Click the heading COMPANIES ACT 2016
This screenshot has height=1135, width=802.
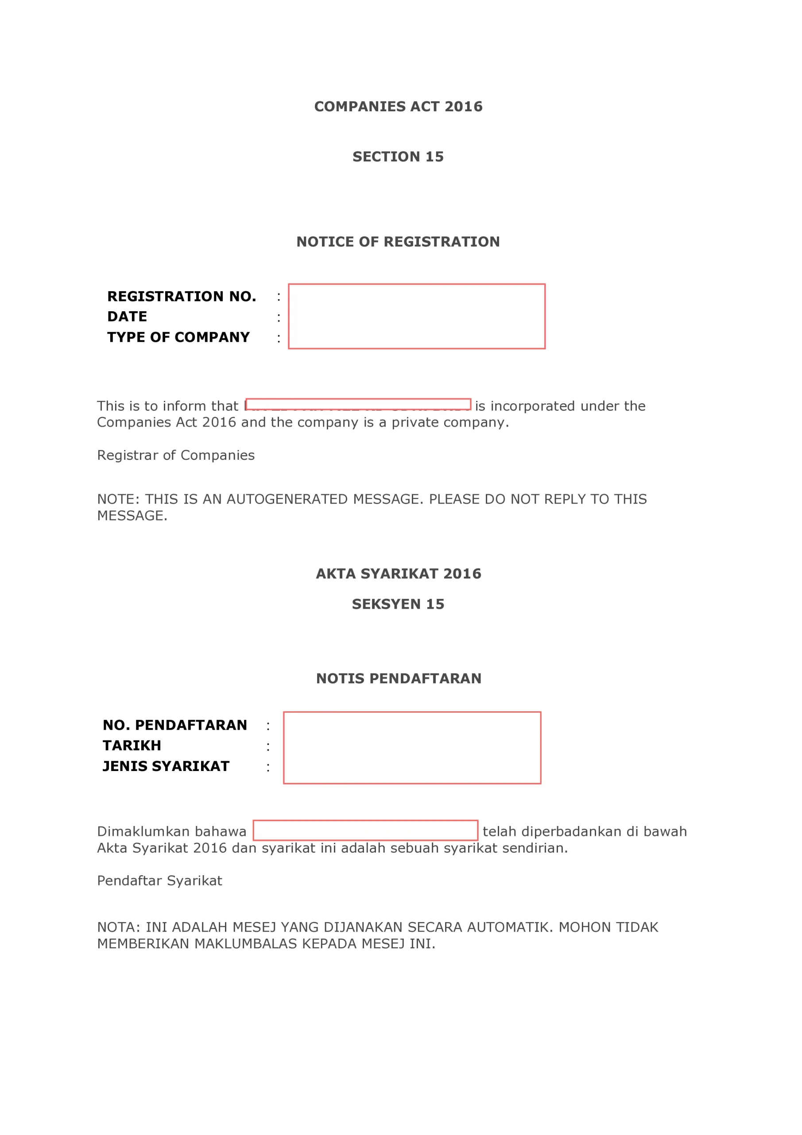[398, 107]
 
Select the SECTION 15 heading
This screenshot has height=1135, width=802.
[398, 157]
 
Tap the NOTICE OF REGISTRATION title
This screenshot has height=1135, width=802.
[398, 242]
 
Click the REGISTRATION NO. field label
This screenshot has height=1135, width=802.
[182, 297]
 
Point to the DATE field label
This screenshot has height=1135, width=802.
[128, 317]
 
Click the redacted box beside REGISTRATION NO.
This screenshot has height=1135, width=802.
[417, 317]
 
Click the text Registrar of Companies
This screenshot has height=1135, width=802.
[176, 455]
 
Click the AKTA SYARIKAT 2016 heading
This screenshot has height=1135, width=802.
[398, 574]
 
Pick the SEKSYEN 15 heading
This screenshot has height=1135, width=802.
[398, 604]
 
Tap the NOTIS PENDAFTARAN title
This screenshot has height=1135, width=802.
[398, 679]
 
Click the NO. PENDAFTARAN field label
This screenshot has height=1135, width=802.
[175, 725]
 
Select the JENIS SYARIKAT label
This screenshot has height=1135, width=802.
[166, 766]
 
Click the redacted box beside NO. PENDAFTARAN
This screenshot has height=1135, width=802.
[412, 748]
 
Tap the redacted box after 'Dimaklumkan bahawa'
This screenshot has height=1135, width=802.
[365, 830]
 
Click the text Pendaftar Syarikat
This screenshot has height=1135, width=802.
[159, 881]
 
